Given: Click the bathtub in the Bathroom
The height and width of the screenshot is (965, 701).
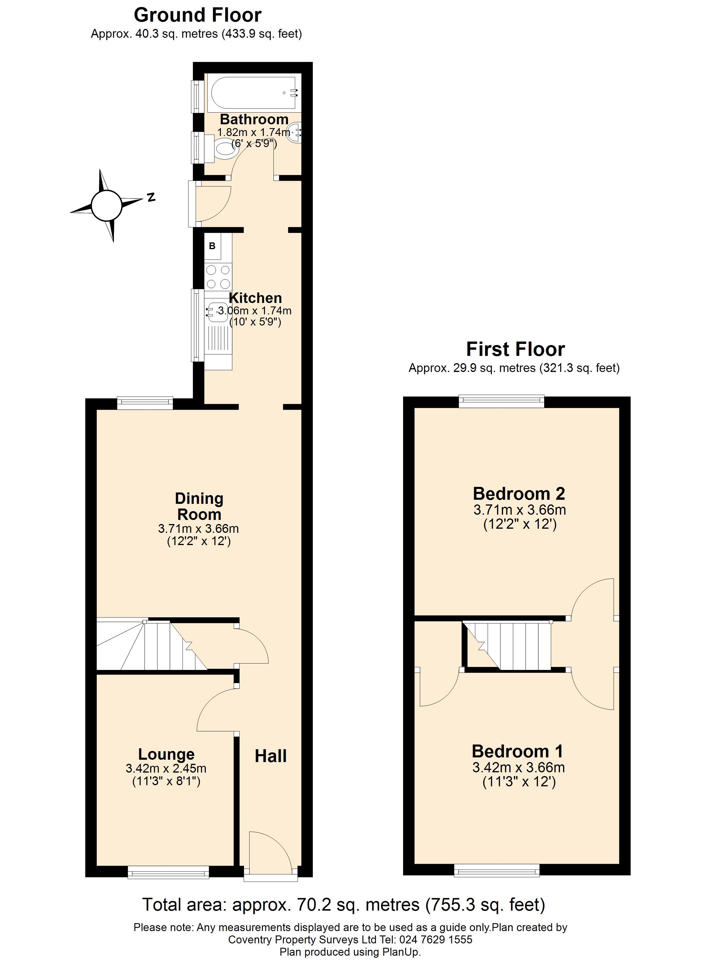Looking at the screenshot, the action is point(254,93).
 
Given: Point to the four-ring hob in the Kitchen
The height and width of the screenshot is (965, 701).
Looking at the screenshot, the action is point(218,276).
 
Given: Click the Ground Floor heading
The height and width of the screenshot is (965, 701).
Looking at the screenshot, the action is point(198,15).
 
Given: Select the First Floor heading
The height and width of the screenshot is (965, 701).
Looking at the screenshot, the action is point(515,349).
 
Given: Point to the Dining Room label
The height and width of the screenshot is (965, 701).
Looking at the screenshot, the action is point(199,506).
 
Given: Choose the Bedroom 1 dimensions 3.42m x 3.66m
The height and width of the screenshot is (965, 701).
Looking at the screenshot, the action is point(519,768).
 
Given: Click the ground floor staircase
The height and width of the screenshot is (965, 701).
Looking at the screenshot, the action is point(152,645).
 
